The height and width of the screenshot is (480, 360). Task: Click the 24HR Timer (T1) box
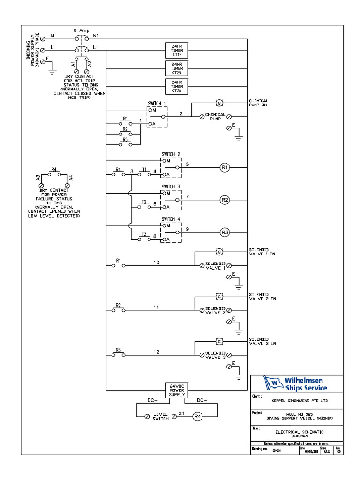(177, 50)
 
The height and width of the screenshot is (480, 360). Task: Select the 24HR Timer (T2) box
(177, 68)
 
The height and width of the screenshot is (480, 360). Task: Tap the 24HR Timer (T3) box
(177, 86)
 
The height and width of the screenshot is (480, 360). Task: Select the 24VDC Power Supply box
(177, 390)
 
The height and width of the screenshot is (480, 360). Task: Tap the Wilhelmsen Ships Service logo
(296, 383)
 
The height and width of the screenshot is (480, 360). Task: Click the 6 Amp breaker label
(82, 30)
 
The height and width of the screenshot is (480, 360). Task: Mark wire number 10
(157, 262)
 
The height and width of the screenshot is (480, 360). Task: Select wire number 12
(157, 352)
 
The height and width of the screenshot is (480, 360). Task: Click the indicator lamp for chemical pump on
(218, 103)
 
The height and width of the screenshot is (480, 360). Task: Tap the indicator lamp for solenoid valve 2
(218, 296)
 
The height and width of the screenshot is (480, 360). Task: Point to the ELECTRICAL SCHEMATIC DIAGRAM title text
(299, 433)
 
